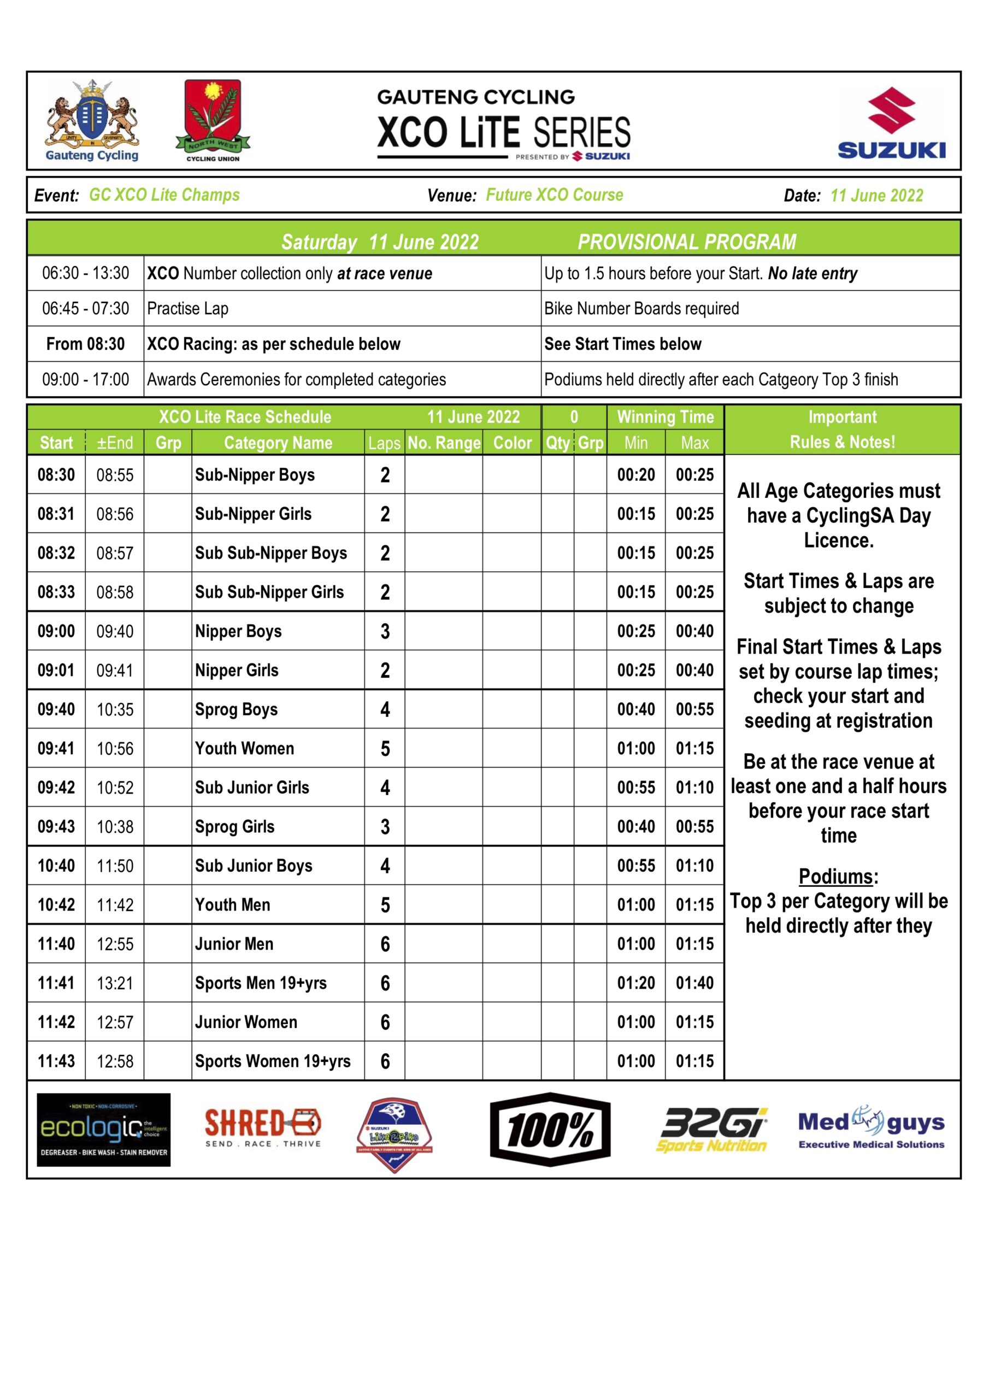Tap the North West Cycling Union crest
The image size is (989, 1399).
[213, 120]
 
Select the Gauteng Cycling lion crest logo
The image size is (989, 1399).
[92, 120]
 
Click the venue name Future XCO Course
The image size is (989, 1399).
[554, 195]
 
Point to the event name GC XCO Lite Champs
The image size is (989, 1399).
[164, 195]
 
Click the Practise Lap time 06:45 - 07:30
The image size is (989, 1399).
[85, 308]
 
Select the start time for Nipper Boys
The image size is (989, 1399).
[56, 631]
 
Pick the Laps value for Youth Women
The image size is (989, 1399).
[385, 748]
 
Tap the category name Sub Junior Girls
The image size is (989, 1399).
[252, 787]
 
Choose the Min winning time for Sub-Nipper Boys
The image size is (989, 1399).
[635, 475]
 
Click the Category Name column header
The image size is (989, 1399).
[278, 443]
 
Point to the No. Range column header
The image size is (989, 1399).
[444, 443]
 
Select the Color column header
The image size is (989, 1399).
[512, 443]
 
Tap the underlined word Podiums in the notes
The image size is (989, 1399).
[835, 876]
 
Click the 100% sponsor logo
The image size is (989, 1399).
[550, 1129]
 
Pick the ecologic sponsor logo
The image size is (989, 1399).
[104, 1130]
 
